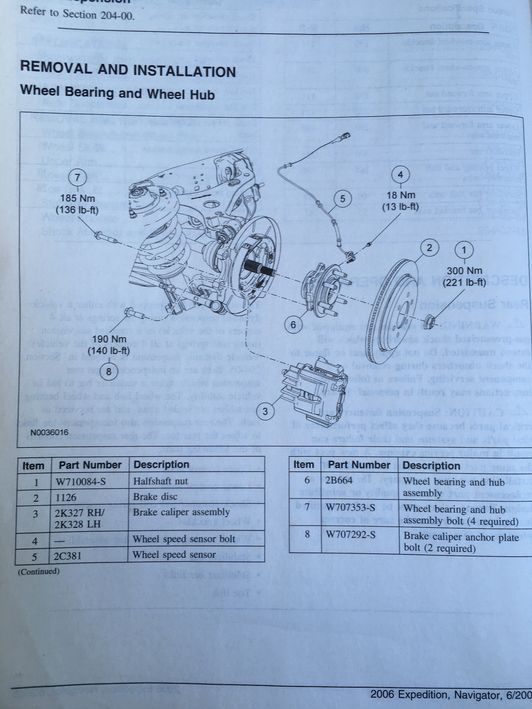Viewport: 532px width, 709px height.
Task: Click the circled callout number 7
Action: (77, 177)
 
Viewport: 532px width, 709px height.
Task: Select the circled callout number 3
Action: (265, 411)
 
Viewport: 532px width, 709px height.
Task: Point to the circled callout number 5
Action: (342, 199)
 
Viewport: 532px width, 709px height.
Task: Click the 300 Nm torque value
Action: (464, 271)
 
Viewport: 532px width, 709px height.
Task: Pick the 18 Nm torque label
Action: (400, 195)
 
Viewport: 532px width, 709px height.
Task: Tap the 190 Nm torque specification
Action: (109, 339)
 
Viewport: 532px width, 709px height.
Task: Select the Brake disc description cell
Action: (155, 497)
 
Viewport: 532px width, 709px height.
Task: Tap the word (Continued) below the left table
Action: (39, 571)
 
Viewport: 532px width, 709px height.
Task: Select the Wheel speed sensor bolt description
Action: (184, 539)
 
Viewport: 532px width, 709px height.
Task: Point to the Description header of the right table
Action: (431, 465)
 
